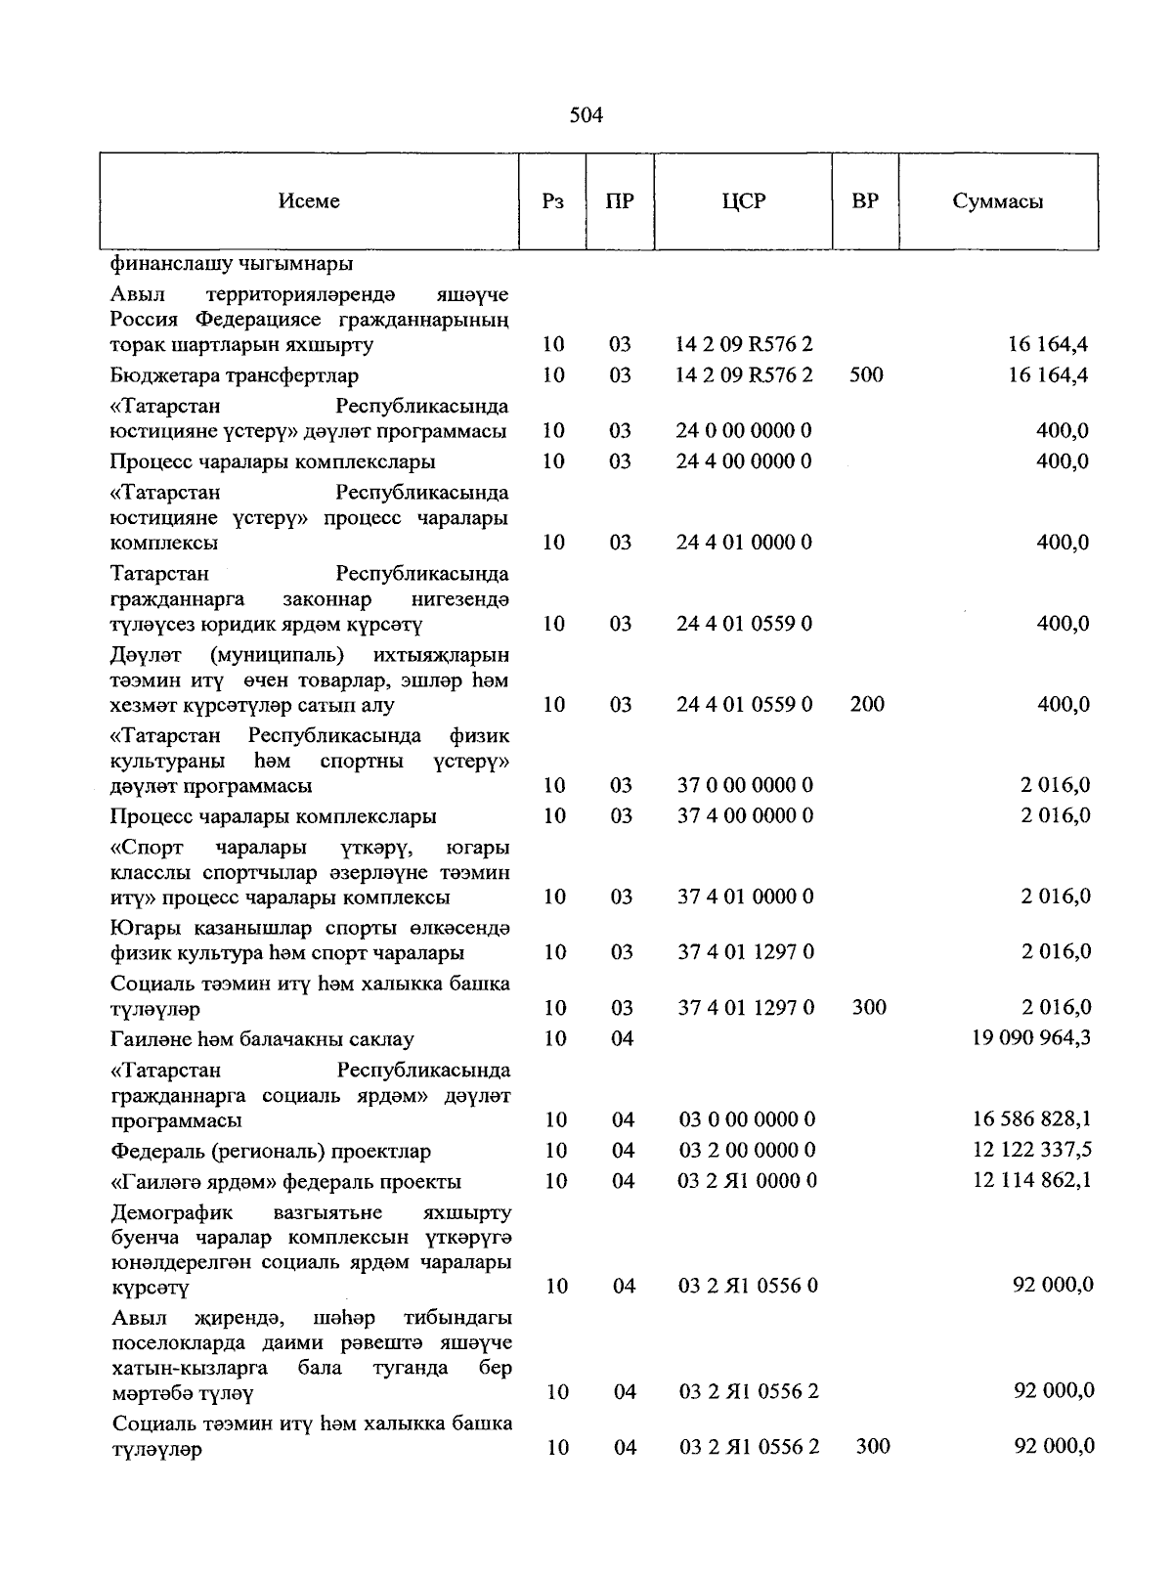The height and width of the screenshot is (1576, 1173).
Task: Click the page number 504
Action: (x=586, y=116)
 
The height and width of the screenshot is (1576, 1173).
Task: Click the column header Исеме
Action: (x=309, y=201)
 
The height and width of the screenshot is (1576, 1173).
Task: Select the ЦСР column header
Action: (x=744, y=201)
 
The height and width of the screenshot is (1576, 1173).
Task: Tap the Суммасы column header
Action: (x=997, y=201)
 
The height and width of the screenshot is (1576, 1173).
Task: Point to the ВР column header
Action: (x=865, y=201)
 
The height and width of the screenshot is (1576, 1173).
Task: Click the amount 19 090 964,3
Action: (x=1030, y=1038)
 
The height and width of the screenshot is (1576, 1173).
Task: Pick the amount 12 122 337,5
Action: (x=1031, y=1150)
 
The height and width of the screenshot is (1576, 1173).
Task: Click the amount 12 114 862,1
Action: (x=1031, y=1181)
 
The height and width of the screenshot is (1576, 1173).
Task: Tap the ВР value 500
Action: (x=866, y=375)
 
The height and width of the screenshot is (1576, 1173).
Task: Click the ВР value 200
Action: (x=867, y=704)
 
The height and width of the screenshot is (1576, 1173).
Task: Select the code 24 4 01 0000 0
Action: (x=744, y=543)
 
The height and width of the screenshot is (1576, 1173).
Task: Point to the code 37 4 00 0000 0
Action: (x=745, y=815)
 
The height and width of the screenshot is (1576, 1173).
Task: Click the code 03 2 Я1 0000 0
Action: (x=747, y=1181)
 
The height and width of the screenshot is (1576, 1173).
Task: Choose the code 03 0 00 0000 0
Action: (x=747, y=1119)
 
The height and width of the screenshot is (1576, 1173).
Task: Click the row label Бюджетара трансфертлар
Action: (x=235, y=375)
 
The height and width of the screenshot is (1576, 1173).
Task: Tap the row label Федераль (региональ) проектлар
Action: (x=271, y=1151)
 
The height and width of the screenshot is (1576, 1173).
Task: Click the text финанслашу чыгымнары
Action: (x=232, y=264)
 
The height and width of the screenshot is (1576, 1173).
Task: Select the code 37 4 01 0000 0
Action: (x=745, y=897)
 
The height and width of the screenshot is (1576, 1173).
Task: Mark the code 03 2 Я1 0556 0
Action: (x=748, y=1286)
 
